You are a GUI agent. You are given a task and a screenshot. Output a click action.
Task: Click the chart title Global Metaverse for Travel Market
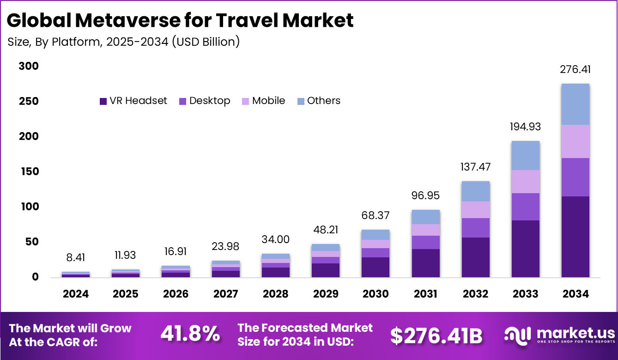pyautogui.click(x=180, y=21)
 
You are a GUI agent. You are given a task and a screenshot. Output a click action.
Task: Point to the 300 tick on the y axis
pyautogui.click(x=29, y=67)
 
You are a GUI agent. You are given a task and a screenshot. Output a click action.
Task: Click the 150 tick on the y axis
pyautogui.click(x=29, y=172)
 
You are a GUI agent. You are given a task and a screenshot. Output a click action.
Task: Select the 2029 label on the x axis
pyautogui.click(x=325, y=294)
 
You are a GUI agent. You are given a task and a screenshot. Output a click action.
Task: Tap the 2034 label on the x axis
pyautogui.click(x=575, y=294)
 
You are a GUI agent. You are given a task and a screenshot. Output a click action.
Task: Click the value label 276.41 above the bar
pyautogui.click(x=575, y=70)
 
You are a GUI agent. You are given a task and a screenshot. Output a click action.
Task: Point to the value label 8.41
pyautogui.click(x=76, y=258)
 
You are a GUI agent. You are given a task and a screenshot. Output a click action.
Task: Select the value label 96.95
pyautogui.click(x=425, y=195)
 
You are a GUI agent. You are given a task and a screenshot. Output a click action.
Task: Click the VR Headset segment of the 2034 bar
pyautogui.click(x=575, y=237)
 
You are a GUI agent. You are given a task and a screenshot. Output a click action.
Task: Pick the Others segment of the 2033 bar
pyautogui.click(x=525, y=155)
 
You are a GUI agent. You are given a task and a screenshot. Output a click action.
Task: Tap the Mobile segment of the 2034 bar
pyautogui.click(x=575, y=141)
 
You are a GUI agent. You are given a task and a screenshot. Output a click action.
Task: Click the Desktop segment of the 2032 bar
pyautogui.click(x=475, y=227)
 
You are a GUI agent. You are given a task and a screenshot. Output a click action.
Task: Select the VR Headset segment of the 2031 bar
pyautogui.click(x=425, y=263)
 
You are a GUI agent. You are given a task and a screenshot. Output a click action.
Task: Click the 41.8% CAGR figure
pyautogui.click(x=190, y=334)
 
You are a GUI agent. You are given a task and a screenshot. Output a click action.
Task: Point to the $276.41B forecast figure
pyautogui.click(x=436, y=336)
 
